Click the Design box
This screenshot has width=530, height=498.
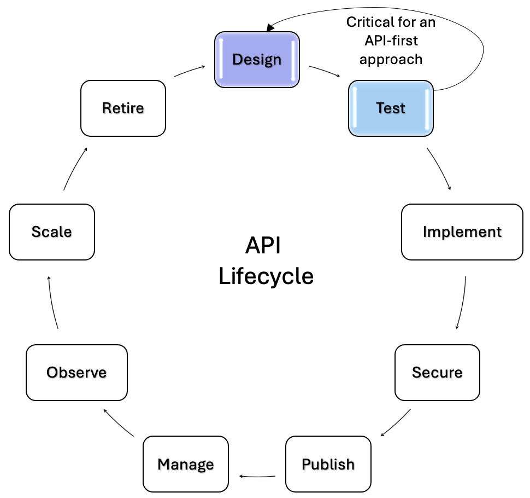(257, 59)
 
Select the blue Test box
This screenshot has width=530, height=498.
(391, 108)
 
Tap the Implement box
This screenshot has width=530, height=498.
(462, 231)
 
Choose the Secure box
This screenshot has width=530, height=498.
(437, 372)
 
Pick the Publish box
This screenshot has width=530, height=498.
(328, 464)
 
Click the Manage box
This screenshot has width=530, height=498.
(185, 464)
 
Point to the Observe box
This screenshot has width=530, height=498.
(76, 372)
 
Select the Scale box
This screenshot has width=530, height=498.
(52, 231)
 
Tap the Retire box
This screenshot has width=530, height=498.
(123, 108)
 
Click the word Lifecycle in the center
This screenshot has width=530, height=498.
(266, 276)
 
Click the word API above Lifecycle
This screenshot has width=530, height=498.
(263, 246)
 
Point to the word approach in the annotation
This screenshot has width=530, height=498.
(391, 59)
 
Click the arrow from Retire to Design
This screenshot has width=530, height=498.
(189, 71)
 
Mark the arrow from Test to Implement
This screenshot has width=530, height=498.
(440, 169)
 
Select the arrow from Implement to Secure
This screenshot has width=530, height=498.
(462, 302)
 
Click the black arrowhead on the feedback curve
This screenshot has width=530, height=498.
(270, 27)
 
